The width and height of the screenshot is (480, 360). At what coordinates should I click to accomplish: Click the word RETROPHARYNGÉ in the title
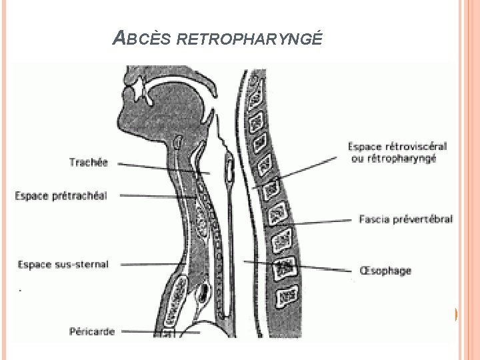point(250,39)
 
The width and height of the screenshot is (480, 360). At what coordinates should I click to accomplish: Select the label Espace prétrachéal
point(61,195)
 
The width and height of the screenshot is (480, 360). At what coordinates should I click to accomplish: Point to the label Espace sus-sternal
point(63,265)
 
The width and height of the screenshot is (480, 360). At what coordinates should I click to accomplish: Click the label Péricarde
point(92,331)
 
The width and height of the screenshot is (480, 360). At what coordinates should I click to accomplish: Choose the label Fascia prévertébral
point(405,219)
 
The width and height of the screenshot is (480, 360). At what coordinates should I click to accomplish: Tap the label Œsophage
point(385,271)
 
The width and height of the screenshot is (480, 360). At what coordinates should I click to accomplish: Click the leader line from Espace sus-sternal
point(147,265)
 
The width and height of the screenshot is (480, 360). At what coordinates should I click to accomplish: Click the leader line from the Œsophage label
point(300,266)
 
